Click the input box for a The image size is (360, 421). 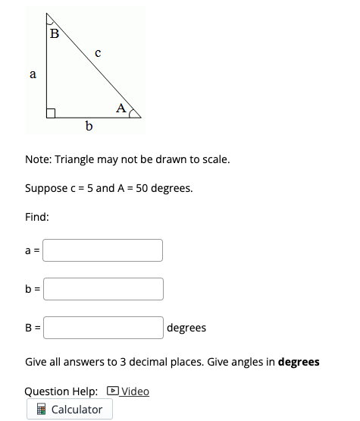click(103, 250)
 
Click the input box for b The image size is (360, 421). click(103, 288)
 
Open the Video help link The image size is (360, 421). click(135, 391)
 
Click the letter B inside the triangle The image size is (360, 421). click(53, 33)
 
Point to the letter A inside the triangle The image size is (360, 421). click(121, 108)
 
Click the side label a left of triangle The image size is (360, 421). click(32, 74)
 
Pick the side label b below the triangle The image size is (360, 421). click(89, 126)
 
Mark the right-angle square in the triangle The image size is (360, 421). click(51, 114)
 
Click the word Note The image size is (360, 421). click(38, 161)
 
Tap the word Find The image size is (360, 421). click(37, 217)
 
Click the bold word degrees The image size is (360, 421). click(299, 362)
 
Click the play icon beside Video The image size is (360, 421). click(113, 391)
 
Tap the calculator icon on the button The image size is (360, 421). click(42, 410)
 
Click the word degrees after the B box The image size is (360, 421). click(186, 328)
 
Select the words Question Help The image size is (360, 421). click(61, 391)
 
